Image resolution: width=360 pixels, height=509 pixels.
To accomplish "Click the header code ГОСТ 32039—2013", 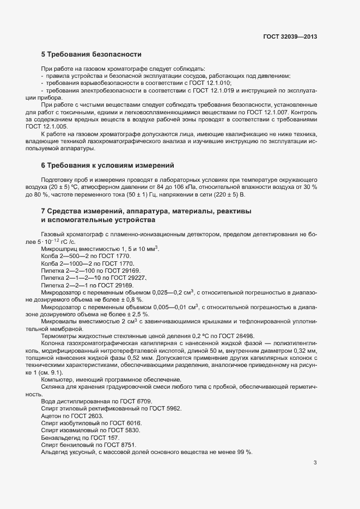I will pyautogui.click(x=289, y=37).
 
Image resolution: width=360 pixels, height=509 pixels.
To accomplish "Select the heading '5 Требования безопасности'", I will pyautogui.click(x=91, y=54).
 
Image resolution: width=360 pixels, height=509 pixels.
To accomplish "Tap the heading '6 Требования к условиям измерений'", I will pyautogui.click(x=107, y=165).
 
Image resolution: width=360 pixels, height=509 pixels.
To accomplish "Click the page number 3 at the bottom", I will pyautogui.click(x=315, y=463).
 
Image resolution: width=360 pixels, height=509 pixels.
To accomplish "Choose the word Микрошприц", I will pyautogui.click(x=59, y=249).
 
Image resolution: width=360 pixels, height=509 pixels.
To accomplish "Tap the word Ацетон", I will pyautogui.click(x=52, y=415).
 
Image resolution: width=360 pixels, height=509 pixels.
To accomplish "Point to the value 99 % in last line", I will pyautogui.click(x=245, y=452).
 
